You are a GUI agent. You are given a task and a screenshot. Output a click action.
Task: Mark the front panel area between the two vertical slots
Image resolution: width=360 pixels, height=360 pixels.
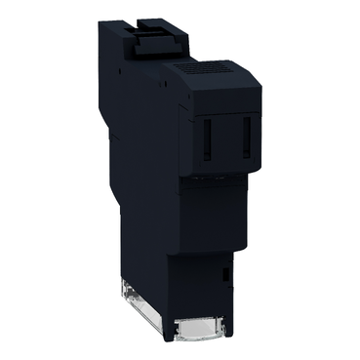coord(226,137)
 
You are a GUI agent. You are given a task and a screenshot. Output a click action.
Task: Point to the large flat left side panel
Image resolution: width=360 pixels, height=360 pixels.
coord(137,176)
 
